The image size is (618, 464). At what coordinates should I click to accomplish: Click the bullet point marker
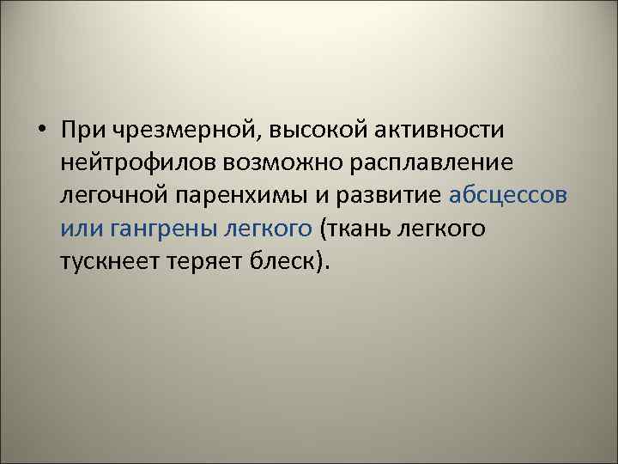[43, 131]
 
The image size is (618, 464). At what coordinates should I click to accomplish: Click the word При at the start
[84, 131]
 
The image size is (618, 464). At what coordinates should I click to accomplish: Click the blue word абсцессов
[508, 195]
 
